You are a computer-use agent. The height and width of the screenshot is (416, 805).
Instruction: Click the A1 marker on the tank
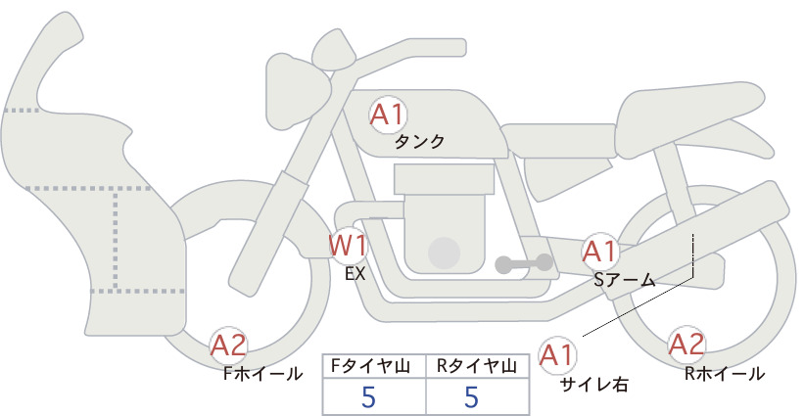[x=388, y=115]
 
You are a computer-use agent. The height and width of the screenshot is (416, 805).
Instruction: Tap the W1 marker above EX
[x=349, y=246]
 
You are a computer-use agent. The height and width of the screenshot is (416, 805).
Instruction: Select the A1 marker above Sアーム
[x=600, y=252]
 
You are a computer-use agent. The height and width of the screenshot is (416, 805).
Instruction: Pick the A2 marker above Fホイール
[x=229, y=345]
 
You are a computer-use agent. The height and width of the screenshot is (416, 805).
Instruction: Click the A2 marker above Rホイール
[x=687, y=344]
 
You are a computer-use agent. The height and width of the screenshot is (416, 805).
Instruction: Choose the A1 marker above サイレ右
[x=557, y=354]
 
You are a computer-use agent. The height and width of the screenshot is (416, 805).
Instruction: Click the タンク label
[x=419, y=142]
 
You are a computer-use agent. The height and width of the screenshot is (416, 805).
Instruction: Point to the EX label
[x=355, y=274]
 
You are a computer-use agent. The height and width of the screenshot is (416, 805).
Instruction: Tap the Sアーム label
[x=625, y=280]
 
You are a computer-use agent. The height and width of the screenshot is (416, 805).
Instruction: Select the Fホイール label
[x=262, y=374]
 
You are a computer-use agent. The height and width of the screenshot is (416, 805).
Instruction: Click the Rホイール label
[x=725, y=374]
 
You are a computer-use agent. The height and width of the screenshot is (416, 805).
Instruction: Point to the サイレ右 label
[x=594, y=385]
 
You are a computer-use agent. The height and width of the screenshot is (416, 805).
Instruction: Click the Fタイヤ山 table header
[x=374, y=366]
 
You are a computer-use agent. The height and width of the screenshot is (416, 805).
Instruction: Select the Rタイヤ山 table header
[x=477, y=366]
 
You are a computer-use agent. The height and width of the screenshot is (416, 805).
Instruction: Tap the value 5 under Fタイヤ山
[x=368, y=396]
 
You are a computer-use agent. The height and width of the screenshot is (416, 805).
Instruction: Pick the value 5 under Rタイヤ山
[x=471, y=396]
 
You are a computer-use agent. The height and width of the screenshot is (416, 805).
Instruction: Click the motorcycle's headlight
[x=297, y=93]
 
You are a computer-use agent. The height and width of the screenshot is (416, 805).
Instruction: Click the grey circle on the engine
[x=444, y=253]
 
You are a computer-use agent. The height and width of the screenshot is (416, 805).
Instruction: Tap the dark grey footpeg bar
[x=524, y=263]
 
